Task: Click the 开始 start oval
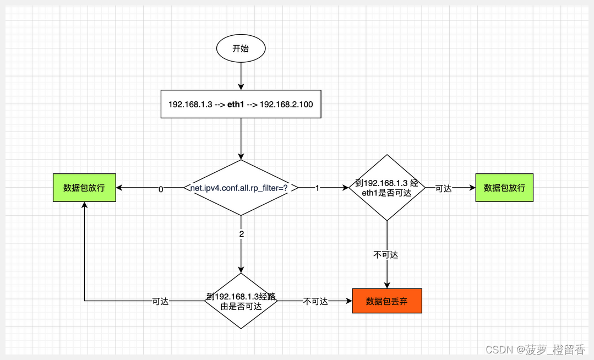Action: point(241,48)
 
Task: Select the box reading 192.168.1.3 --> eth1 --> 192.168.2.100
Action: point(241,104)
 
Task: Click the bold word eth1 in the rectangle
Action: point(236,104)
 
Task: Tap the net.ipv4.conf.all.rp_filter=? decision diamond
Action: point(241,188)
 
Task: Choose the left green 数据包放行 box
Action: point(84,188)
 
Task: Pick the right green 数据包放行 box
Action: point(504,188)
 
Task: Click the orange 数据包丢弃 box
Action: point(386,302)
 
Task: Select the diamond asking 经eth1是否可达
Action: point(387,188)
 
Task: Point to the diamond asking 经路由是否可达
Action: point(241,301)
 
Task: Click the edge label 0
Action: point(161,189)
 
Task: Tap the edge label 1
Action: point(318,188)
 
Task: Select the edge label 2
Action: point(241,233)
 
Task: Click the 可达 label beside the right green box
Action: point(443,188)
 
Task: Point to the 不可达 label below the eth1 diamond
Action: point(386,254)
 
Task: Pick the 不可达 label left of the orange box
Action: point(315,302)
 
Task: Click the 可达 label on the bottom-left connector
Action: point(160,302)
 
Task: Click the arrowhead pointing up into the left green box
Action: point(84,205)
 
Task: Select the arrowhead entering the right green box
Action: point(472,188)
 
